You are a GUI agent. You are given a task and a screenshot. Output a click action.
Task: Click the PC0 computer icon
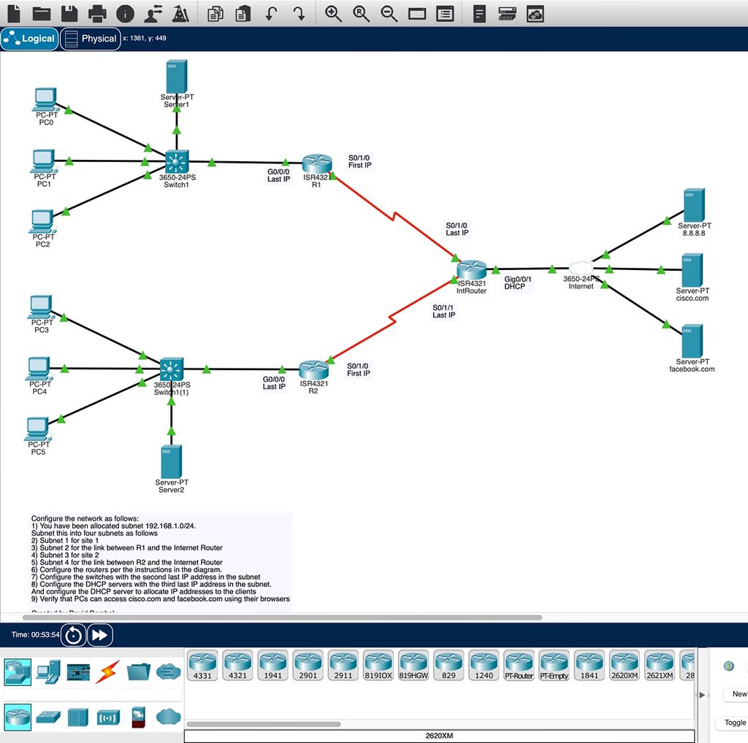coord(45,99)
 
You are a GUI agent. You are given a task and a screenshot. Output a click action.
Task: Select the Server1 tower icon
coord(176,77)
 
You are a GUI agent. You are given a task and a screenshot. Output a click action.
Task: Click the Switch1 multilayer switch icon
coord(176,162)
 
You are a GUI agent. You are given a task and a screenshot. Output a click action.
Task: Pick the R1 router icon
coord(316,164)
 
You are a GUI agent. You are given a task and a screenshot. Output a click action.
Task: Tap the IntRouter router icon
coord(471,270)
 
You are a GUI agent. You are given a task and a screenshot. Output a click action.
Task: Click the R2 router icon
coord(313,369)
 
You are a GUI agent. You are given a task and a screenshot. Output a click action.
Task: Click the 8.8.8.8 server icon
coord(693,205)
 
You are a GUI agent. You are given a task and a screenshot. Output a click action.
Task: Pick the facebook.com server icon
coord(692,341)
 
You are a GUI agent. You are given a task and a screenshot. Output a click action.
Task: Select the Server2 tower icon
coord(171,461)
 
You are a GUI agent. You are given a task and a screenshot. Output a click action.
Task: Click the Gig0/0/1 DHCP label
coord(518,282)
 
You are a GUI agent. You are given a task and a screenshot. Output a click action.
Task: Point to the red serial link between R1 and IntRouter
coord(394,217)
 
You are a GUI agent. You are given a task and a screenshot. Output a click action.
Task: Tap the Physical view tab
coord(91,39)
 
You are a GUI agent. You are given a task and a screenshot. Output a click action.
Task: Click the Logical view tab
coord(30,39)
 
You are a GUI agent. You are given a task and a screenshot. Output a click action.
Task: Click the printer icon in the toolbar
coord(97,13)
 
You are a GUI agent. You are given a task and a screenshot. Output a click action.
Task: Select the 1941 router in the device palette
coord(272,666)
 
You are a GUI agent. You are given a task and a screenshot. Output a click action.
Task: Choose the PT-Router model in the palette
coord(519,666)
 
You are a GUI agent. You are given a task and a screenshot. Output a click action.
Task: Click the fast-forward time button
coord(100,635)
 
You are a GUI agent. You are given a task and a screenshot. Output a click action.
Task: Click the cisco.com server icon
coord(692,270)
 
